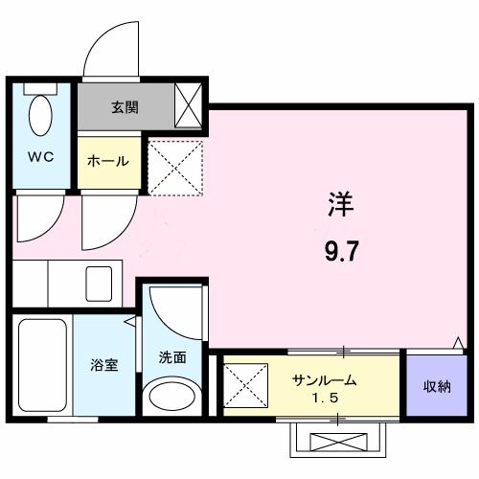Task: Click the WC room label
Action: click(x=41, y=157)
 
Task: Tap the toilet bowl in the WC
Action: click(x=40, y=115)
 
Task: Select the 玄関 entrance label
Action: click(x=125, y=107)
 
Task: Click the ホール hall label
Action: click(x=108, y=161)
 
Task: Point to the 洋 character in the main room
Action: click(x=341, y=204)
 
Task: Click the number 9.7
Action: click(x=340, y=251)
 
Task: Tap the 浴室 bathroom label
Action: click(x=104, y=365)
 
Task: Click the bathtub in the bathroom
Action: click(x=42, y=365)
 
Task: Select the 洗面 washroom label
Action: click(x=172, y=357)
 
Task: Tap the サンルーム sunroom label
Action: click(x=325, y=380)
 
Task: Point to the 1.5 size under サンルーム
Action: click(x=325, y=398)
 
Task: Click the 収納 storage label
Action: click(x=437, y=387)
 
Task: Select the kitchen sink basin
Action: click(x=99, y=284)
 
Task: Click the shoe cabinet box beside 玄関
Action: click(x=189, y=105)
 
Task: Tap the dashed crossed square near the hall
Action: click(x=176, y=168)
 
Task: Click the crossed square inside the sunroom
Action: click(x=245, y=385)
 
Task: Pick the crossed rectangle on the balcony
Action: click(x=338, y=442)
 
